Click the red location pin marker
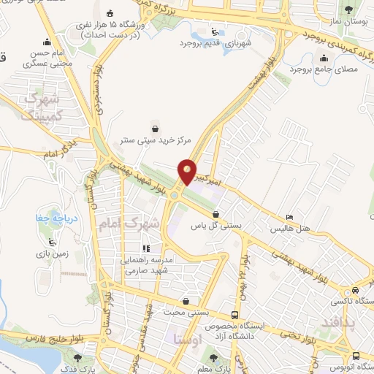pos(188,172)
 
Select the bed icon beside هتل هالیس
pos(291,218)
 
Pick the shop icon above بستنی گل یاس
pos(215,214)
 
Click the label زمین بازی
pos(50,253)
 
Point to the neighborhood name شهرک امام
pos(141,222)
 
